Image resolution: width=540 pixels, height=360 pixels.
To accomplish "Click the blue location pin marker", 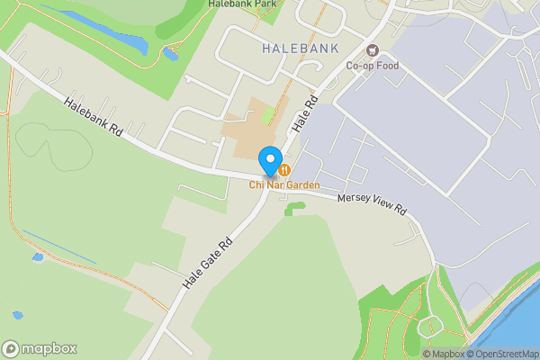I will point(269,160).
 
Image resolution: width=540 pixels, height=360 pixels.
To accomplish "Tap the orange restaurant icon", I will point(284,168).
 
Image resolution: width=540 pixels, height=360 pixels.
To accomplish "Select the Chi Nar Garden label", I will point(285,184).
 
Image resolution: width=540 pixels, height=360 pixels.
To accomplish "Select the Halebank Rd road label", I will point(93,117).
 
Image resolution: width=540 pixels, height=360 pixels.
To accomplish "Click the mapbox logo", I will point(39,348).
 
